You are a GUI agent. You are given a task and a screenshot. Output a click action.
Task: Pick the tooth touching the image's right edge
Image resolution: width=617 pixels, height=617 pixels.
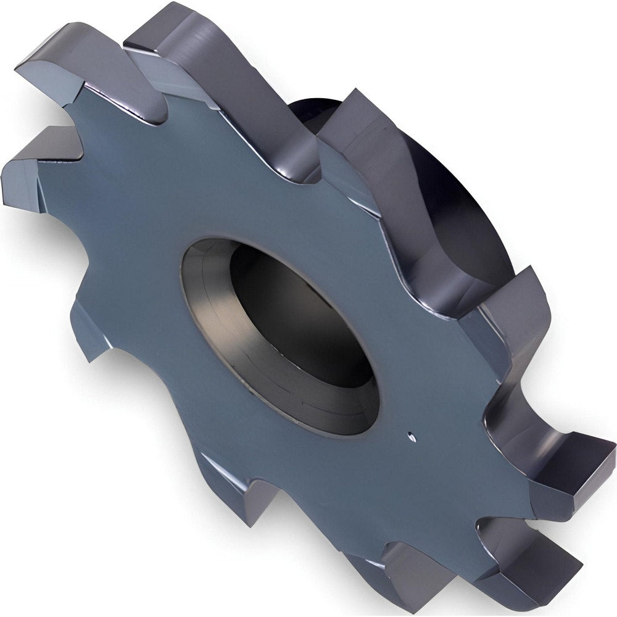pos(568,463)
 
